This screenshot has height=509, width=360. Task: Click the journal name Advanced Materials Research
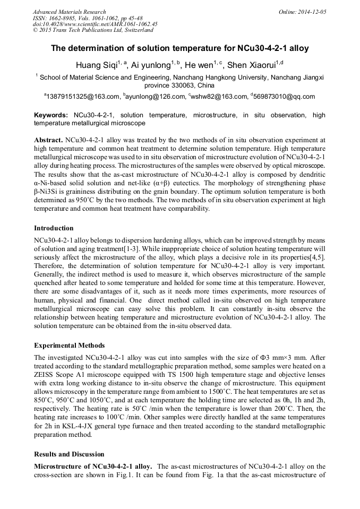pos(69,12)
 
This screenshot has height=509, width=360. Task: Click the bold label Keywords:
pos(51,115)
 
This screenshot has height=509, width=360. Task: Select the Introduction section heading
pos(54,228)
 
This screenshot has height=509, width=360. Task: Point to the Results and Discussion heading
pos(69,454)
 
